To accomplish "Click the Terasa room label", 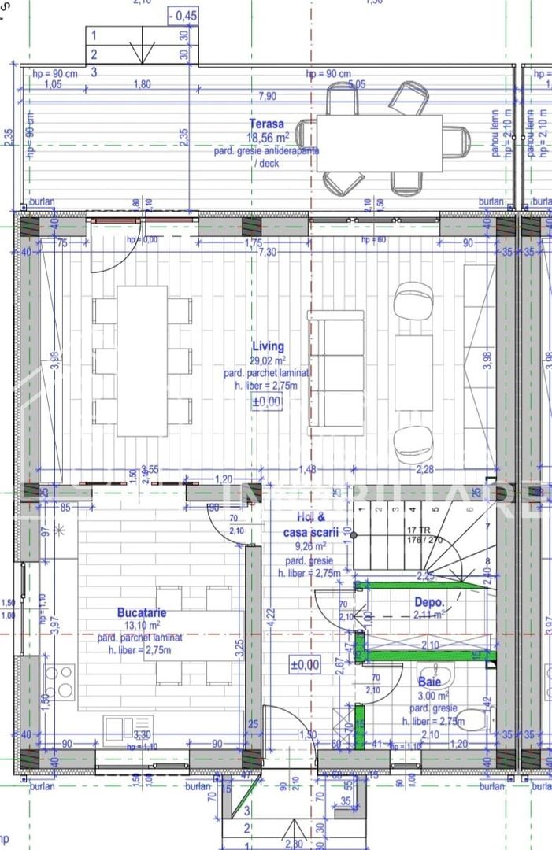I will (x=266, y=124).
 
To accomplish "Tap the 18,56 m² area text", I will (x=267, y=137).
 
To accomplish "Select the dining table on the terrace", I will (x=379, y=142).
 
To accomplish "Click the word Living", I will (x=268, y=346).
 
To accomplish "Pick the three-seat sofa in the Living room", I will (x=335, y=368).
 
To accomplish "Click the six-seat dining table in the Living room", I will (x=142, y=360).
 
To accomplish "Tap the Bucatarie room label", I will (x=142, y=612).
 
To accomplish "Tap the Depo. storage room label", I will (x=429, y=602).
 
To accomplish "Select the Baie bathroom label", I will (x=430, y=682).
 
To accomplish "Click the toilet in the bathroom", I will (x=474, y=719).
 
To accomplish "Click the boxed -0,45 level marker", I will (x=183, y=16).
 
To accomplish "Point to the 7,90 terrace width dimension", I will (x=268, y=97).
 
